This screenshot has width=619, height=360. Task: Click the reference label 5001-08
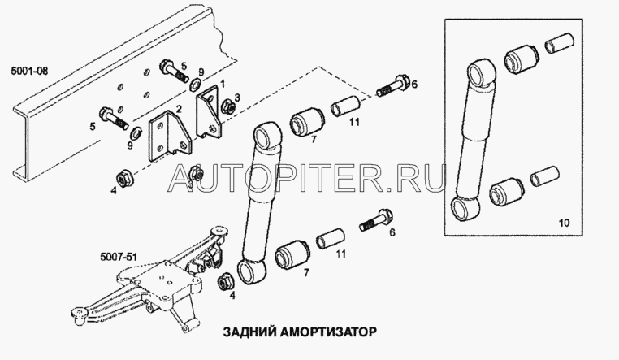[x=29, y=71]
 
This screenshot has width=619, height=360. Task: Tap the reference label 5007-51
[x=119, y=257]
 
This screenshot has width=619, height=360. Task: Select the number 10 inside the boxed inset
[x=564, y=223]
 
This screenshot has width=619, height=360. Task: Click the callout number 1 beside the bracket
[x=223, y=84]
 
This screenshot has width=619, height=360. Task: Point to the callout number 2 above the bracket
[x=179, y=109]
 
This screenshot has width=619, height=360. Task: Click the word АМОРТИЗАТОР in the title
[x=328, y=332]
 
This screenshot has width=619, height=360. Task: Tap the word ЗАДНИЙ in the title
[x=249, y=332]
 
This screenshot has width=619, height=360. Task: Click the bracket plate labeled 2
[x=170, y=137]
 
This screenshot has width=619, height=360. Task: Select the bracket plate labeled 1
[x=209, y=112]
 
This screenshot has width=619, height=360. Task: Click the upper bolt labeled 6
[x=393, y=87]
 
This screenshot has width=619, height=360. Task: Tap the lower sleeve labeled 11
[x=330, y=238]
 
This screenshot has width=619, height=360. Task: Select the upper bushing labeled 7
[x=307, y=121]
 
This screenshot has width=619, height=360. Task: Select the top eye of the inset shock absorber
[x=481, y=73]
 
